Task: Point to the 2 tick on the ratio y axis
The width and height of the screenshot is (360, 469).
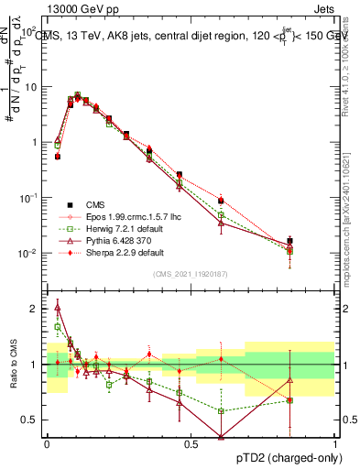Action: [36, 309]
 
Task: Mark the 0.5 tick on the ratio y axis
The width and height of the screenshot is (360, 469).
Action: [32, 420]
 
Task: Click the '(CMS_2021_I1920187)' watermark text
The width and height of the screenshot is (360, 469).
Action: [190, 273]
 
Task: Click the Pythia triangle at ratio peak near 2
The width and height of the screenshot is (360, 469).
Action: [58, 308]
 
